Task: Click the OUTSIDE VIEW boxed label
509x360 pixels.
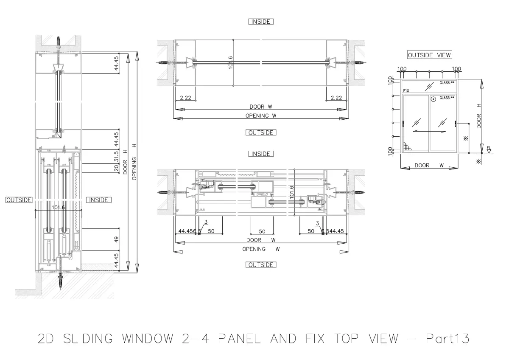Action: coord(429,55)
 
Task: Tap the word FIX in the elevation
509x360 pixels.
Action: coord(406,91)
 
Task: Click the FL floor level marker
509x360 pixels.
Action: coord(489,149)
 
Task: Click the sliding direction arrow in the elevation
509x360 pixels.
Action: coord(429,132)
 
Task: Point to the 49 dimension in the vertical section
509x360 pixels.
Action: coord(117,239)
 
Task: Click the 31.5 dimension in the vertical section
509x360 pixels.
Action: coord(117,157)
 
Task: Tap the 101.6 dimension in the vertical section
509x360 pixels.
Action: coord(58,208)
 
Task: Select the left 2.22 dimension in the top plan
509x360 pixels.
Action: coord(185,98)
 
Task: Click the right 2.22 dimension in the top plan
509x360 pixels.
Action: coord(336,98)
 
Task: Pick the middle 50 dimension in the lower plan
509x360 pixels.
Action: coord(262,231)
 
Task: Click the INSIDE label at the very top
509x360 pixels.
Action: coord(261,22)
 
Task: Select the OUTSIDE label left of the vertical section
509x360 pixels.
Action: coord(19,200)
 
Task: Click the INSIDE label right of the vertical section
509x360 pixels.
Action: coord(98,200)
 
